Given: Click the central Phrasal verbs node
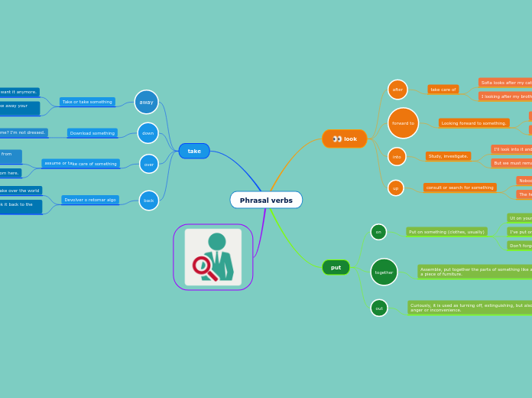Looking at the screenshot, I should click(x=266, y=200).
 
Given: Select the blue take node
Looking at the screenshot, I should click(x=194, y=151).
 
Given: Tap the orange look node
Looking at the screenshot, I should click(x=345, y=139).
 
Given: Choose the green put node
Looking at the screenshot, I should click(x=336, y=267).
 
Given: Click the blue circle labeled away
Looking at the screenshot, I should click(x=146, y=102).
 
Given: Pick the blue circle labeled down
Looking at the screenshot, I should click(x=148, y=133).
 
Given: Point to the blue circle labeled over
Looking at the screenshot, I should click(x=149, y=164).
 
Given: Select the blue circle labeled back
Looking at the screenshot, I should click(x=149, y=201).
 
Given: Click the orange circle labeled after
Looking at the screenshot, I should click(x=397, y=90).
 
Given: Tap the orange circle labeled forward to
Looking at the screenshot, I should click(x=403, y=122).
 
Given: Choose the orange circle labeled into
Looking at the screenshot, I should click(x=397, y=156).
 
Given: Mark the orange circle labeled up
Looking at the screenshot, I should click(x=395, y=188).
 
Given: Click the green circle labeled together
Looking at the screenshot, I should click(x=384, y=272).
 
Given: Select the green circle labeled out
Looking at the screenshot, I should click(x=379, y=308).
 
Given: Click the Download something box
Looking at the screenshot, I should click(x=92, y=133).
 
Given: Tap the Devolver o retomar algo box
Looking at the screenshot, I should click(x=90, y=200).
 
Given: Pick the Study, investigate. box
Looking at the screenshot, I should click(x=448, y=156).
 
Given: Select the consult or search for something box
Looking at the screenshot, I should click(x=459, y=188).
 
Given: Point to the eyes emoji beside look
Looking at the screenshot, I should click(x=337, y=139).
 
